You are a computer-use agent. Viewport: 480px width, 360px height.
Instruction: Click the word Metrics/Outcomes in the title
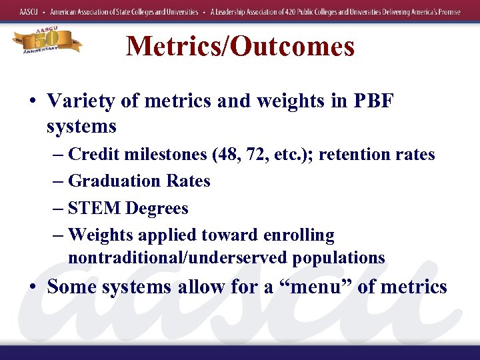(240, 46)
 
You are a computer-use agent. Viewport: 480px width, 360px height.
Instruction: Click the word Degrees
(157, 208)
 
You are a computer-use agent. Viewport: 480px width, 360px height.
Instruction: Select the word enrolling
(298, 235)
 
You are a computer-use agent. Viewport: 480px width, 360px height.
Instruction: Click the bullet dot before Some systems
(33, 287)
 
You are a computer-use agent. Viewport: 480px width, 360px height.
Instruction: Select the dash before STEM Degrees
(57, 209)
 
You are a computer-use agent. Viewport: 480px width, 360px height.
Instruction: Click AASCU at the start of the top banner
(29, 12)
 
